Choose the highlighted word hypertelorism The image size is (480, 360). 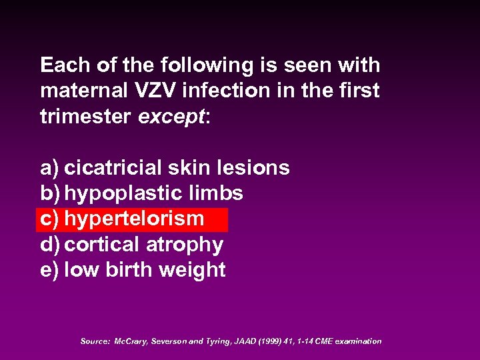pos(134,219)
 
